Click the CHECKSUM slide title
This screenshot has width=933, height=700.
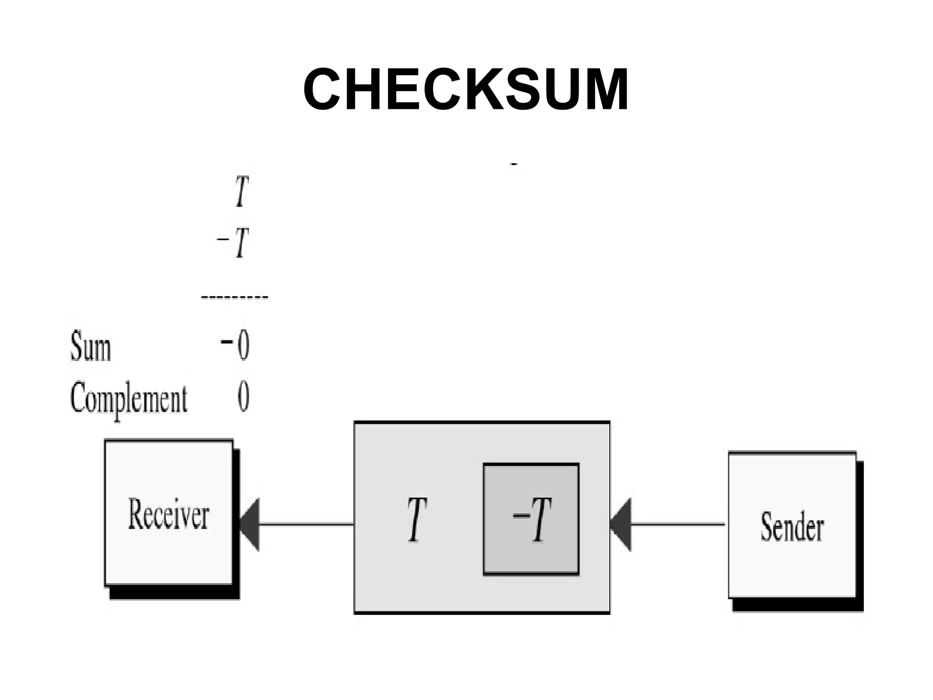pos(466,89)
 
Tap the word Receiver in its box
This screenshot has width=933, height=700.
pos(169,514)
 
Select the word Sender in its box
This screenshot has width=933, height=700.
pos(792,527)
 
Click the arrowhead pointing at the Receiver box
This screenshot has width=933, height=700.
pos(250,524)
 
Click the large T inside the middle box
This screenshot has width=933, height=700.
pos(417,520)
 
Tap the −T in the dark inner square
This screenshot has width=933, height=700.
pos(532,520)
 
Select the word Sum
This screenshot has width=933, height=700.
pos(90,347)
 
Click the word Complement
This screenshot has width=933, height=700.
pos(128,398)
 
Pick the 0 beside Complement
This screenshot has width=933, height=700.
pos(243,396)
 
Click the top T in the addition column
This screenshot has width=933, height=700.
pos(242,192)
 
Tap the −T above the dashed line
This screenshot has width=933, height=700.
pos(234,242)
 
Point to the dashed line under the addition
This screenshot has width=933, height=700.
pos(235,297)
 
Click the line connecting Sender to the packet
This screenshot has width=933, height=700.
pos(678,524)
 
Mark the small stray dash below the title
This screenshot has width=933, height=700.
pos(514,164)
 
